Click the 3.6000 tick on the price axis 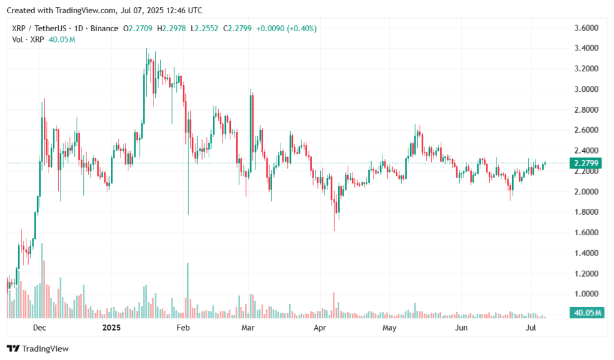(586, 28)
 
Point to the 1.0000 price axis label (586, 294)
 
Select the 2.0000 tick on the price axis (586, 191)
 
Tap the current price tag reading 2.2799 (586, 163)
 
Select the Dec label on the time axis (40, 328)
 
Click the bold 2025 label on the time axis (112, 328)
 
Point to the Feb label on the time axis (183, 328)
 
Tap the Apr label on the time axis (320, 328)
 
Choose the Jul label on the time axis (531, 328)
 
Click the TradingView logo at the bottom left (38, 349)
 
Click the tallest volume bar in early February (188, 288)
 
